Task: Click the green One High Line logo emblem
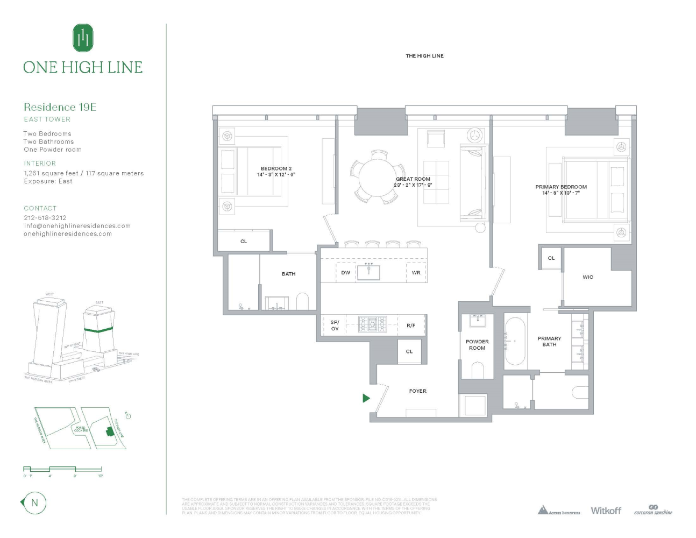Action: [83, 38]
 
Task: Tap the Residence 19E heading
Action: [60, 107]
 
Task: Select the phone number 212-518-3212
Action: [45, 218]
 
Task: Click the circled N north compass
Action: [34, 503]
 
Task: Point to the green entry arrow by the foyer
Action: [366, 398]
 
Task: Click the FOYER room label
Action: [417, 391]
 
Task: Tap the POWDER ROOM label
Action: [477, 345]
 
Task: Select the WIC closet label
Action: [588, 277]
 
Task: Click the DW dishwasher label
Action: [345, 273]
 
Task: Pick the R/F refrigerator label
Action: [411, 325]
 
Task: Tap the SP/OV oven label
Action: [335, 325]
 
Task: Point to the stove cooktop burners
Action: [373, 324]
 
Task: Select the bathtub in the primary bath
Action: [515, 342]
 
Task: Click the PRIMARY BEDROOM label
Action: [561, 187]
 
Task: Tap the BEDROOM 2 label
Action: [276, 168]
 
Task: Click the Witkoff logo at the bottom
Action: [606, 511]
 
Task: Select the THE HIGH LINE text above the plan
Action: [424, 56]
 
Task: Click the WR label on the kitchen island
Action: [416, 273]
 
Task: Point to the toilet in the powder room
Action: [478, 370]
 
